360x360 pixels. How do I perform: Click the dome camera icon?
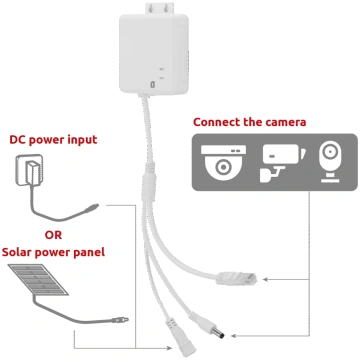(223, 163)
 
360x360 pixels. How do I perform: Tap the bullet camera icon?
(282, 163)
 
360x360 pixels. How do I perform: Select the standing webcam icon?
(330, 163)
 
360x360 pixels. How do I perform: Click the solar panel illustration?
(38, 279)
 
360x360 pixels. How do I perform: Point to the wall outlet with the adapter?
(29, 170)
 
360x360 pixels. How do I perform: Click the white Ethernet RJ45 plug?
(237, 279)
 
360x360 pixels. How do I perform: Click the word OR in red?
(53, 235)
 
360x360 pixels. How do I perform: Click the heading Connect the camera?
(249, 122)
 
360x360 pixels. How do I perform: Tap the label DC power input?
(53, 140)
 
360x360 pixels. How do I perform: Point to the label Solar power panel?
(53, 252)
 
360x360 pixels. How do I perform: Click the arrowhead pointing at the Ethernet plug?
(265, 279)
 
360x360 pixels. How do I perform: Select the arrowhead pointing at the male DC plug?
(233, 336)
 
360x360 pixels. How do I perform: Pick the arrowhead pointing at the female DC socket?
(170, 348)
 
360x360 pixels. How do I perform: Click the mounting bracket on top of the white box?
(160, 8)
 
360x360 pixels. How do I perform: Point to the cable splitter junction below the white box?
(149, 183)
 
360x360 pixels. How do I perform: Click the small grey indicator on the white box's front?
(153, 84)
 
